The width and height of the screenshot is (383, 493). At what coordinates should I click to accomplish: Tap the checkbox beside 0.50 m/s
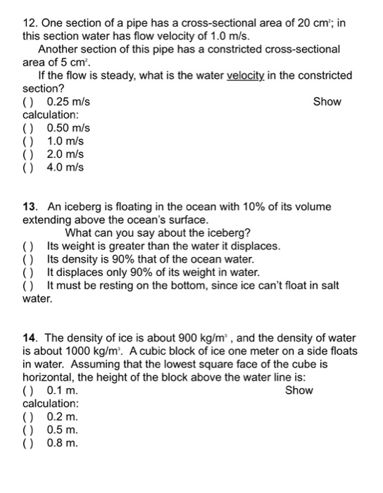[29, 128]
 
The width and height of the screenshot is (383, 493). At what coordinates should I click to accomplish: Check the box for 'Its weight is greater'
[28, 246]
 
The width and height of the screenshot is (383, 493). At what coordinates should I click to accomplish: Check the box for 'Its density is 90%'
[28, 260]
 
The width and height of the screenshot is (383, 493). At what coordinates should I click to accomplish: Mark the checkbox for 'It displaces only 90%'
[28, 273]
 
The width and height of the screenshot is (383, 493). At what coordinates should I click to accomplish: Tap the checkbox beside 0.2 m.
[29, 417]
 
